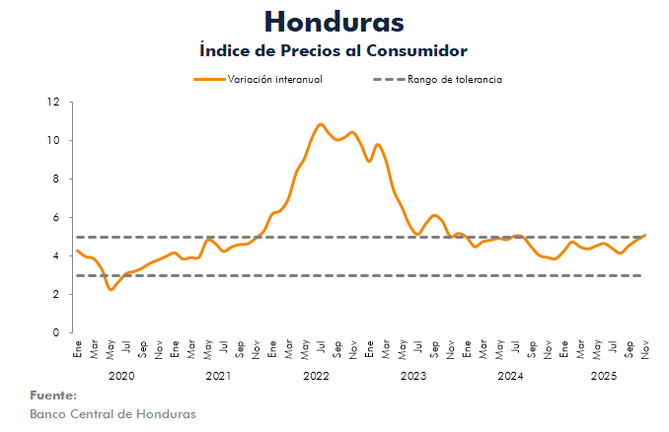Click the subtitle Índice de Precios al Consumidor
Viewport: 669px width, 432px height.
click(x=334, y=49)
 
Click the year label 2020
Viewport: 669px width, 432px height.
click(x=120, y=376)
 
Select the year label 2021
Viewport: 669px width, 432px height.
click(x=218, y=376)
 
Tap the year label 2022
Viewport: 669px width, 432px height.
click(x=316, y=376)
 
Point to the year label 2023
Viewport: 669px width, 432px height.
click(x=413, y=376)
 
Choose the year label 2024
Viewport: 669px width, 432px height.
click(x=510, y=376)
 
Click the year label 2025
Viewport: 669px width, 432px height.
click(x=603, y=376)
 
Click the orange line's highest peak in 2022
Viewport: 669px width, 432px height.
click(x=321, y=124)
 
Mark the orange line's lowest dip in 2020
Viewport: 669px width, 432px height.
click(x=111, y=289)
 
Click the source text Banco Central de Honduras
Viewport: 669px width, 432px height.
click(x=112, y=413)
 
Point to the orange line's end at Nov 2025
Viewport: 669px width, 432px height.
click(x=644, y=236)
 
